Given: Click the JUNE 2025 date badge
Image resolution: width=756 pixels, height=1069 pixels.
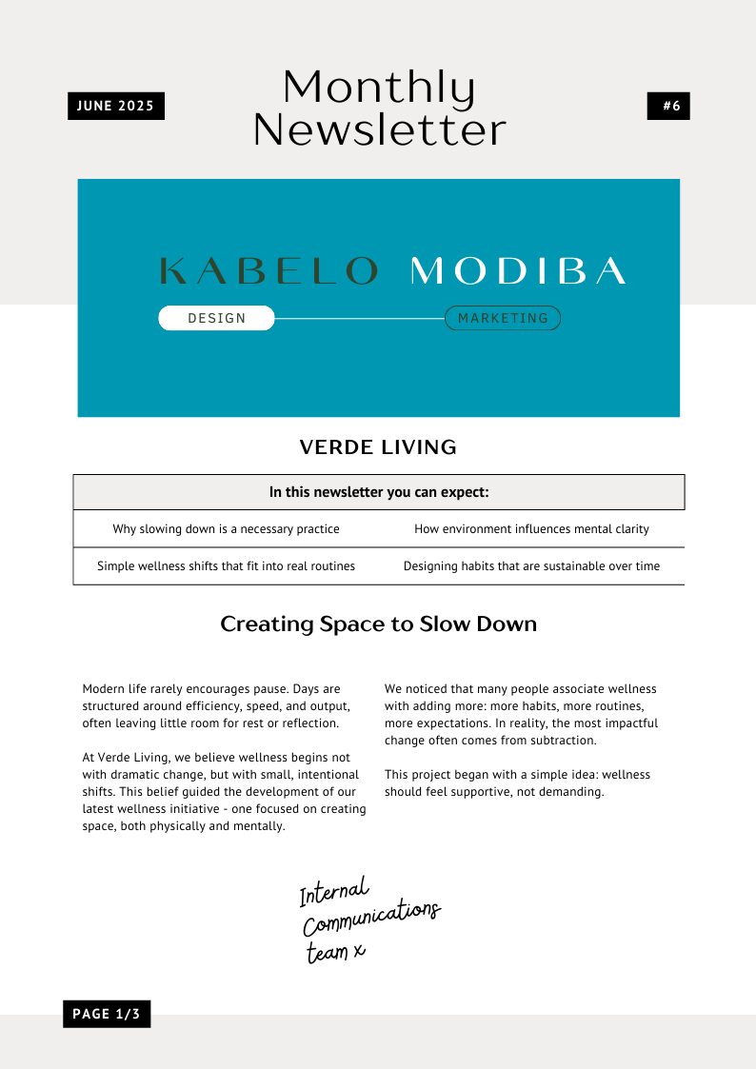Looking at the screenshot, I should pyautogui.click(x=115, y=106).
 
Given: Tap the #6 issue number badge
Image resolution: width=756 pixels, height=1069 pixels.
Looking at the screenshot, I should pyautogui.click(x=668, y=106).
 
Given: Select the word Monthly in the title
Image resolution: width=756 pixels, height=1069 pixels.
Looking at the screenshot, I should pyautogui.click(x=379, y=89).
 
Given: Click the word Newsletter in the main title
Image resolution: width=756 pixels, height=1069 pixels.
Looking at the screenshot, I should pyautogui.click(x=379, y=130).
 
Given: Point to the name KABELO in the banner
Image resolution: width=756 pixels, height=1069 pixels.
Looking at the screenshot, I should pyautogui.click(x=269, y=271).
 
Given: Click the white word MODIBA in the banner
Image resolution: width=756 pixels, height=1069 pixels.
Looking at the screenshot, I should pyautogui.click(x=518, y=271).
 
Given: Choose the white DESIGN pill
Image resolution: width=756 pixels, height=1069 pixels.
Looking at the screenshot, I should pyautogui.click(x=216, y=318).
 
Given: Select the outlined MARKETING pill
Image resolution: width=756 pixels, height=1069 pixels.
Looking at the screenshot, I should pyautogui.click(x=503, y=318).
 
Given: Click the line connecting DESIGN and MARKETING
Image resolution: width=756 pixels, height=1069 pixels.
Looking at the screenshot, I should pyautogui.click(x=359, y=318).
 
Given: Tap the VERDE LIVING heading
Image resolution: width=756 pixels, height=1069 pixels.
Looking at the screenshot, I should pyautogui.click(x=378, y=446).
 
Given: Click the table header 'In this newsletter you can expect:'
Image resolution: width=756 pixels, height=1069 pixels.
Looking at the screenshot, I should pyautogui.click(x=378, y=492).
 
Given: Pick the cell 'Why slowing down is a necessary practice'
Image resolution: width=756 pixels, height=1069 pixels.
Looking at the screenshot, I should pyautogui.click(x=226, y=528).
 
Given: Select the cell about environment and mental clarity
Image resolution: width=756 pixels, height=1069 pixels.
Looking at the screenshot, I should pyautogui.click(x=531, y=528).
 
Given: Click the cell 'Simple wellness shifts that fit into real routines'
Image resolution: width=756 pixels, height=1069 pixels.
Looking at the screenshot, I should pyautogui.click(x=226, y=565).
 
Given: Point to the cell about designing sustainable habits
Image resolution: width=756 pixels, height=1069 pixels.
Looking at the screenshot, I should pyautogui.click(x=531, y=565).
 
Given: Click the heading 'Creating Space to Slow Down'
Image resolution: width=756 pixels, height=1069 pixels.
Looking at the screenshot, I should pyautogui.click(x=378, y=624).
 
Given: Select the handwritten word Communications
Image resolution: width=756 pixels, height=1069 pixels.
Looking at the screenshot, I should pyautogui.click(x=371, y=918).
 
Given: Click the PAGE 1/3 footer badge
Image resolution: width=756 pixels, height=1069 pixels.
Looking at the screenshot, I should pyautogui.click(x=107, y=1014).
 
